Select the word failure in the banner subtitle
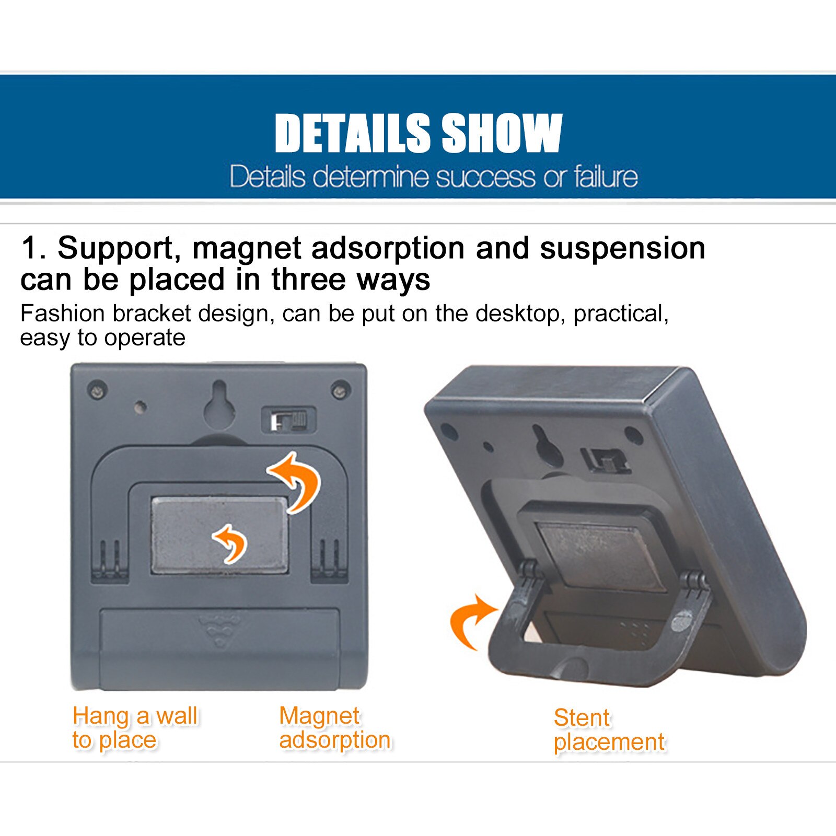(x=606, y=177)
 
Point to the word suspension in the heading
(x=622, y=249)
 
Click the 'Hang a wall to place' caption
(x=135, y=728)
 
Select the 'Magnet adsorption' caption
(x=335, y=728)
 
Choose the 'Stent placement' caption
(x=609, y=730)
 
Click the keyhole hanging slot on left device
(x=219, y=403)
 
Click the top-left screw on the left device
(x=97, y=390)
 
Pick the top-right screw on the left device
(x=341, y=390)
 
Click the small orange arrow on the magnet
(x=231, y=543)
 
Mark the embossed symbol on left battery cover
(x=219, y=630)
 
